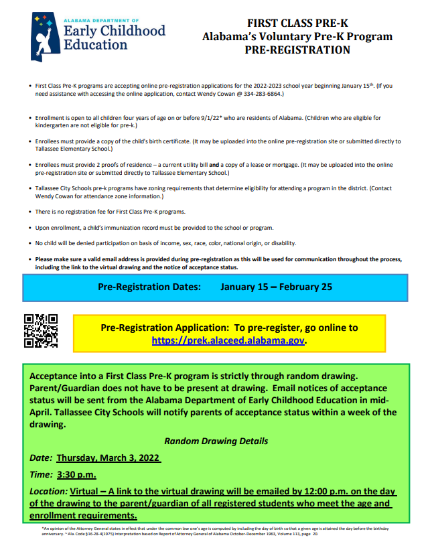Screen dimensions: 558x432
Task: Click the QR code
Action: [x=41, y=331]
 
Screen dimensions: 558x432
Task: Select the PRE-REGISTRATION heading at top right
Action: [x=297, y=50]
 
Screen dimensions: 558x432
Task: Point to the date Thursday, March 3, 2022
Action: [x=109, y=458]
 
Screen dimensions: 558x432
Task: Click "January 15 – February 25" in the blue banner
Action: [x=276, y=287]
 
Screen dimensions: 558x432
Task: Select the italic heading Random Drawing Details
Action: [x=216, y=441]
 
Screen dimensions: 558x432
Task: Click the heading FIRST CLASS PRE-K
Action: [x=297, y=23]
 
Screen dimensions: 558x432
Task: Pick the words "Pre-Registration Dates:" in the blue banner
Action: [x=149, y=287]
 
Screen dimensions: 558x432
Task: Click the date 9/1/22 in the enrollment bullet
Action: [x=188, y=118]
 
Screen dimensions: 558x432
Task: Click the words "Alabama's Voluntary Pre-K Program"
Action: [x=297, y=37]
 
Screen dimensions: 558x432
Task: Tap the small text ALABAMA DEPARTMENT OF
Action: [x=101, y=21]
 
